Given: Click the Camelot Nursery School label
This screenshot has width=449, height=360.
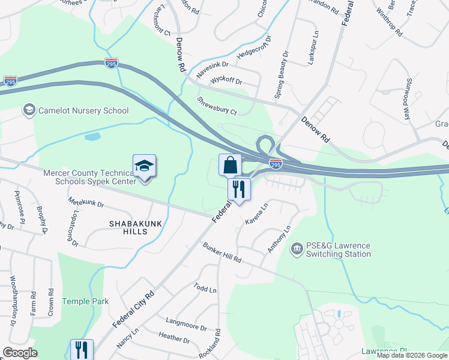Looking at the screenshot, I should click(83, 110).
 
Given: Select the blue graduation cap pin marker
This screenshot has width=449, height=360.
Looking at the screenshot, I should click(144, 166).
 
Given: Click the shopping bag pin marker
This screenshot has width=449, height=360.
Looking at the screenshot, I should click(230, 164).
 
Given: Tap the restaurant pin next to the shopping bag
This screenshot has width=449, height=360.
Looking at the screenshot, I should click(239, 190).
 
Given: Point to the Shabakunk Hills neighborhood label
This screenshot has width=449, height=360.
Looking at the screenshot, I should click(127, 227).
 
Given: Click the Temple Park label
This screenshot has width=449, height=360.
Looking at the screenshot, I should click(84, 301).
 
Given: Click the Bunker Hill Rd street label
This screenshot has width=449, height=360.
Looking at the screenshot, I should click(221, 252).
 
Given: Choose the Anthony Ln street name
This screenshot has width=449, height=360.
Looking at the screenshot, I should click(279, 239).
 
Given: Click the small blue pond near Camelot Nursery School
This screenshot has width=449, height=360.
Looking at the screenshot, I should click(92, 137).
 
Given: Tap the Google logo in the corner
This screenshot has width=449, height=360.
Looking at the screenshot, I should click(20, 353).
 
